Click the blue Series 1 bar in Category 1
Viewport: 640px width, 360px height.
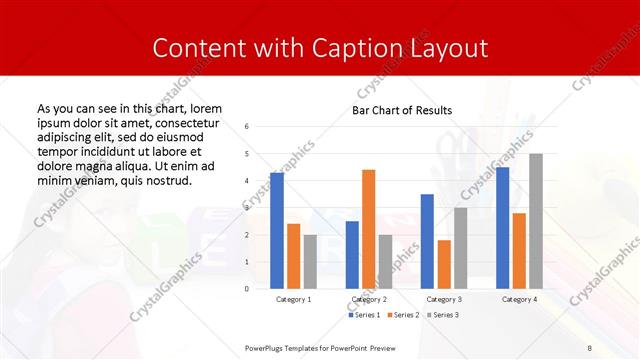(277, 230)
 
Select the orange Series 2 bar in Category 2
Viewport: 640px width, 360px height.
(368, 229)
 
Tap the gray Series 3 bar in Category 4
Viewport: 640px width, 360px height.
(536, 221)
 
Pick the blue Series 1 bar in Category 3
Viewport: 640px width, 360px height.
(427, 241)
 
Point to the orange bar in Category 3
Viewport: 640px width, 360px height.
(444, 264)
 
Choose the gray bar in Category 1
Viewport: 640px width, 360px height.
(310, 261)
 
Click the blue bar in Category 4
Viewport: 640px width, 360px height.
(502, 227)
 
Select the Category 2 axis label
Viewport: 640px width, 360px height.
(367, 299)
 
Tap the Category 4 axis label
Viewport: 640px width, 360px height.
(518, 299)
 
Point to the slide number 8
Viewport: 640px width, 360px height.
(589, 347)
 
